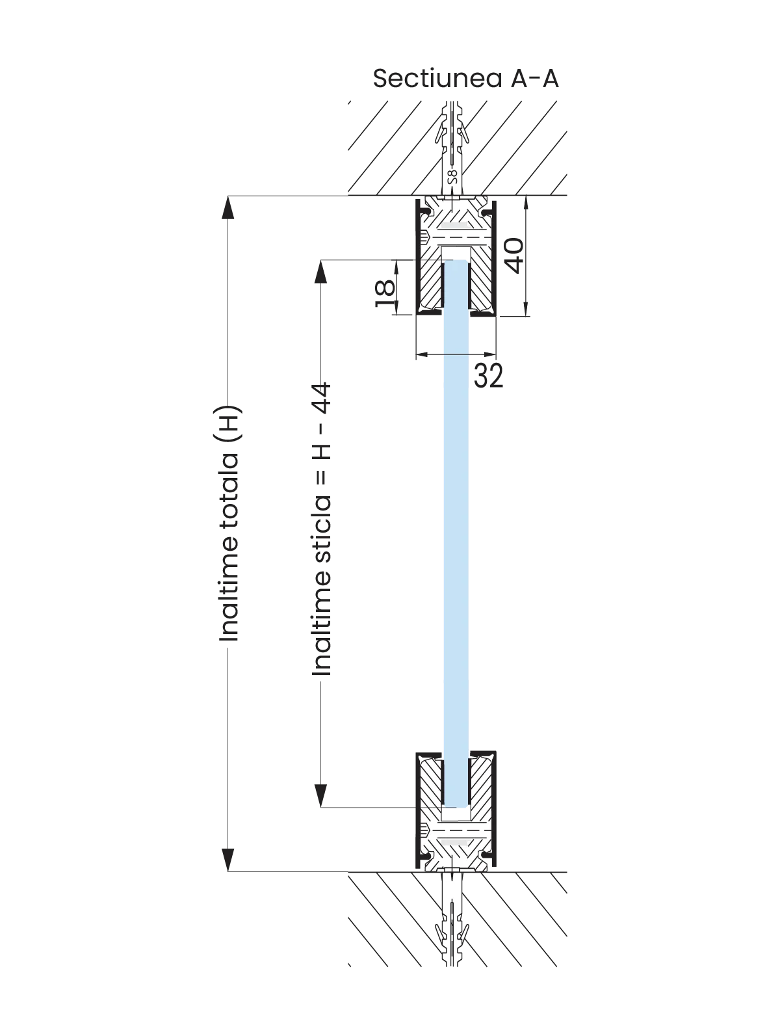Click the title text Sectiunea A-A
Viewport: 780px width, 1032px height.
point(465,78)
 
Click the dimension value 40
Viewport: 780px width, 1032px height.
point(515,256)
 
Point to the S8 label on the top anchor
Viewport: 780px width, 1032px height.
point(452,176)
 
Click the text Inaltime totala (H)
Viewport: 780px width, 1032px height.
point(229,523)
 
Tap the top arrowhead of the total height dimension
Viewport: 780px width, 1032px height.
point(228,207)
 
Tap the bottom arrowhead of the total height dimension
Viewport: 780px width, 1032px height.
point(228,860)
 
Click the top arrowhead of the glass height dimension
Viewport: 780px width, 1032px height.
point(320,272)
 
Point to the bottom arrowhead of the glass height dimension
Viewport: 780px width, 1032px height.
point(320,796)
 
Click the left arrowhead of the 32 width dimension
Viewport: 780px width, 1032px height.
point(422,354)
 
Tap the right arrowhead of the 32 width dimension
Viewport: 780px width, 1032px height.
point(490,354)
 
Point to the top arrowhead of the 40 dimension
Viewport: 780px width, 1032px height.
point(526,202)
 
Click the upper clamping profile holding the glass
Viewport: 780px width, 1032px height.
point(456,256)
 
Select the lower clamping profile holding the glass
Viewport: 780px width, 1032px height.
point(456,811)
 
